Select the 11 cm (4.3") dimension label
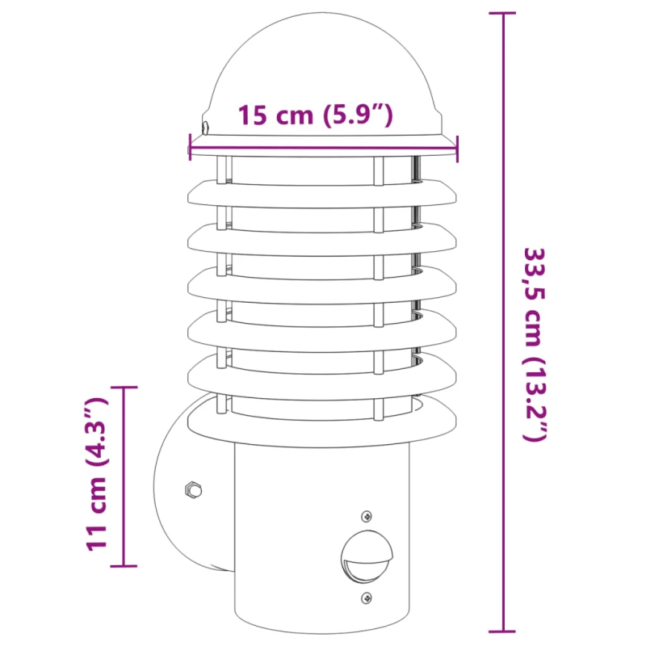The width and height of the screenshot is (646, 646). (x=96, y=474)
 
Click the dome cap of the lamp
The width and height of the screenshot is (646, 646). (x=323, y=73)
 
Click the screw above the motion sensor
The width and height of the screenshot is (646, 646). (x=367, y=515)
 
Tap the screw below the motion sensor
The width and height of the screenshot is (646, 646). (x=367, y=598)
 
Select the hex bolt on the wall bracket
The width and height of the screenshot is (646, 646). (x=192, y=489)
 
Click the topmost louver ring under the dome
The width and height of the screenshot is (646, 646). (x=323, y=191)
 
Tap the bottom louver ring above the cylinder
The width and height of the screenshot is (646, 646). (x=323, y=419)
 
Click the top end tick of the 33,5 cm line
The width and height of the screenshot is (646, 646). (x=504, y=14)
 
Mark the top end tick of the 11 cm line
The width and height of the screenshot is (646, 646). (x=124, y=388)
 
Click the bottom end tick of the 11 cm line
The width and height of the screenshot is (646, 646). (x=124, y=565)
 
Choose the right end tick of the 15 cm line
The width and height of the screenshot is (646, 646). (x=457, y=147)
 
